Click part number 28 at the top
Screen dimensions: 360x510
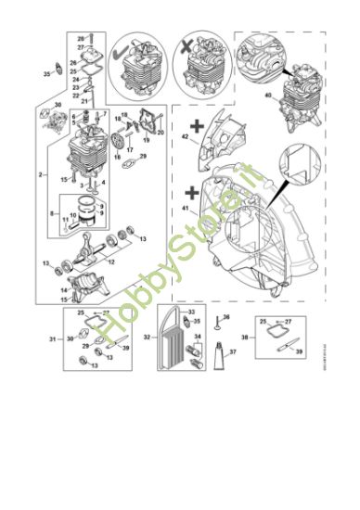pos(80,39)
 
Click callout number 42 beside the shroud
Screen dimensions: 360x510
pos(185,137)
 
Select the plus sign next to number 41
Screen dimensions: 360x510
pos(192,194)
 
